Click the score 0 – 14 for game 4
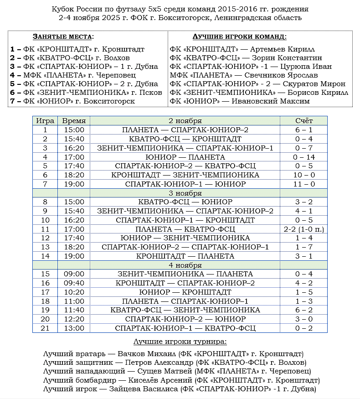[304, 157]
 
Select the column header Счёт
[304, 121]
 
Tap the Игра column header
[45, 121]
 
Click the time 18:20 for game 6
[73, 175]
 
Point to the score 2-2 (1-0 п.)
[304, 229]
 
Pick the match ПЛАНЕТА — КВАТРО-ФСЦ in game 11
[185, 229]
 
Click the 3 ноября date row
[185, 193]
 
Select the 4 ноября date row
[185, 265]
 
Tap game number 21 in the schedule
[45, 328]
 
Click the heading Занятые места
[63, 37]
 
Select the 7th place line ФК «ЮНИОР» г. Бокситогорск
[72, 101]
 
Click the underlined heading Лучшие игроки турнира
[180, 342]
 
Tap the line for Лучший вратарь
[173, 354]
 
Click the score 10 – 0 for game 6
[304, 175]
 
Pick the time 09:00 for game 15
[73, 274]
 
